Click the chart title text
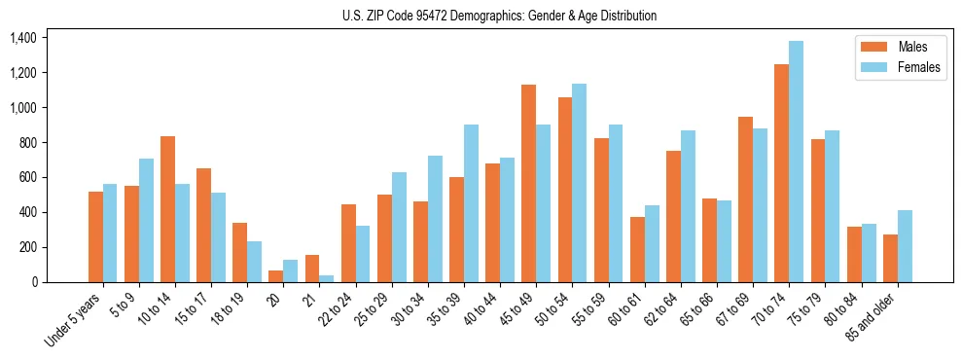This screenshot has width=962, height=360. (x=499, y=16)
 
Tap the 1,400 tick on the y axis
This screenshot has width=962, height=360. (x=22, y=38)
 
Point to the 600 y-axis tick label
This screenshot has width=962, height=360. (x=27, y=177)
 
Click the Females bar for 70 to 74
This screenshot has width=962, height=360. (x=796, y=162)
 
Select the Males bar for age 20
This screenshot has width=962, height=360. (x=275, y=276)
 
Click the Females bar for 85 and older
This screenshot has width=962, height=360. (x=905, y=246)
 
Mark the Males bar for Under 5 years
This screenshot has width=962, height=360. (x=95, y=236)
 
